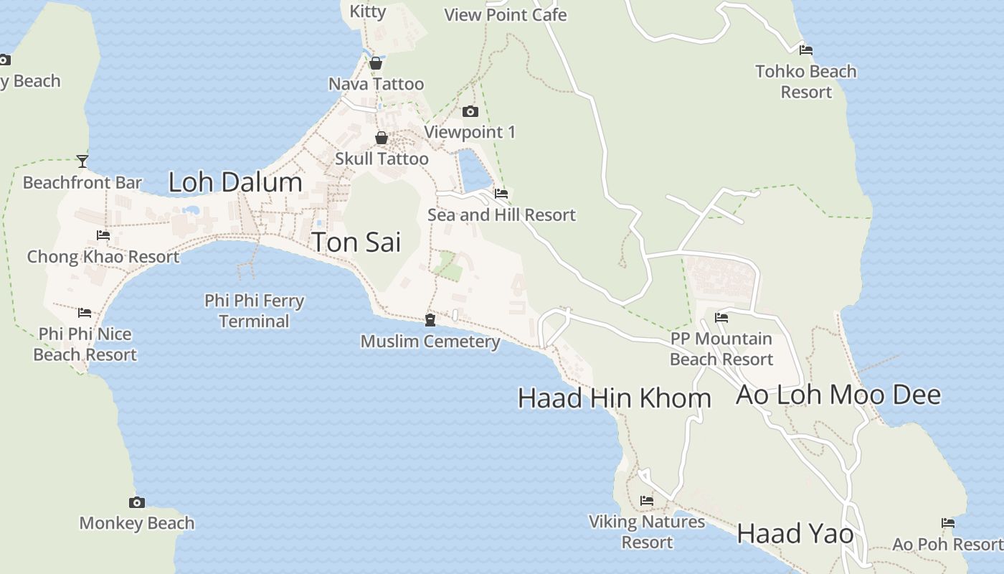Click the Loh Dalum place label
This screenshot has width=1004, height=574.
pos(235,182)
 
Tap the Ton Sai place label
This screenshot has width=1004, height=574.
pos(356,243)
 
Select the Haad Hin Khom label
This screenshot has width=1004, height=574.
pos(614,398)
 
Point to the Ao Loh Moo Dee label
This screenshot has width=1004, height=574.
pos(838,395)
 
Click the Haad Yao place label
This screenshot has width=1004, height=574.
pos(795,534)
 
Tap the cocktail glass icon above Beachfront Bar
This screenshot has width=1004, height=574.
pos(82,161)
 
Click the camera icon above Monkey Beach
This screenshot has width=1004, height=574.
pos(137,502)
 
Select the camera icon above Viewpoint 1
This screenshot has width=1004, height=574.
pos(470,111)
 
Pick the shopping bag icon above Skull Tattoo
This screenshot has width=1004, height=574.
pos(382,138)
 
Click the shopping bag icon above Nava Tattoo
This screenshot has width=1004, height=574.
pos(375,63)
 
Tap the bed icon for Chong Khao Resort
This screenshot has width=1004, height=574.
pos(103,235)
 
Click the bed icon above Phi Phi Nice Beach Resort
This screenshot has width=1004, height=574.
pos(85,313)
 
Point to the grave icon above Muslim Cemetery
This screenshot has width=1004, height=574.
pos(430,319)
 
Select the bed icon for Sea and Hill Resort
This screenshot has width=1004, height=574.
pos(501,194)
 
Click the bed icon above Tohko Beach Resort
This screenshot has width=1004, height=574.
pos(806,50)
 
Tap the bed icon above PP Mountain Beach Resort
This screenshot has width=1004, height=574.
pos(721,317)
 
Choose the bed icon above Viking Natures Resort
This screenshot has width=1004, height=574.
pos(647,501)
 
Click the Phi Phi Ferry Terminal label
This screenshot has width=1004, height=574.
pos(255,311)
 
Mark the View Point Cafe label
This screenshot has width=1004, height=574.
pos(506,14)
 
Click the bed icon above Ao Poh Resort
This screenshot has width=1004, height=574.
pos(948,523)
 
